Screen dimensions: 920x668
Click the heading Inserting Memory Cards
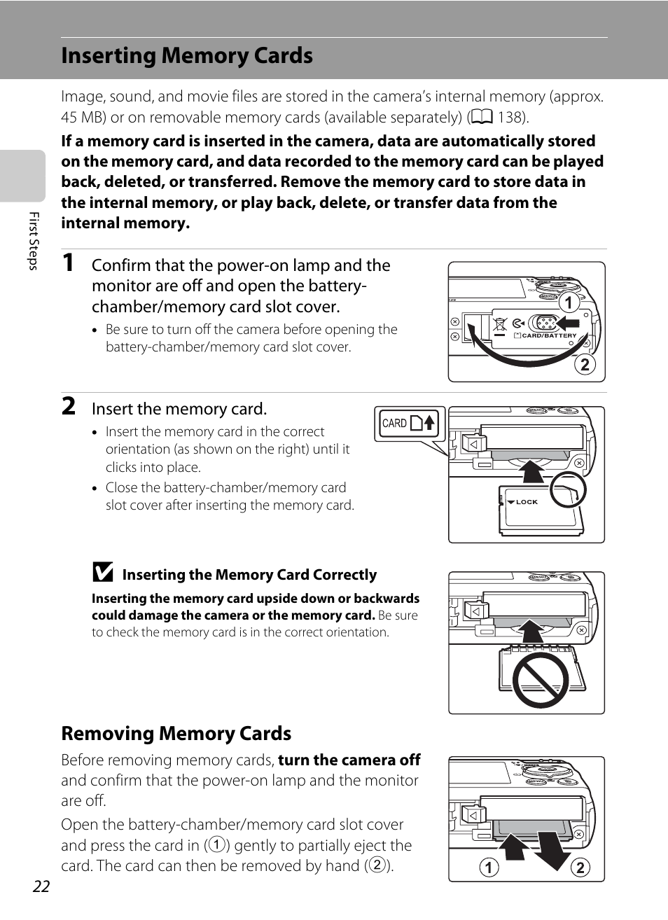click(x=187, y=56)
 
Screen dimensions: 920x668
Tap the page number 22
click(x=41, y=886)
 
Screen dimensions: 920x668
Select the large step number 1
click(x=68, y=263)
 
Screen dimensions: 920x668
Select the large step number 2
click(x=69, y=406)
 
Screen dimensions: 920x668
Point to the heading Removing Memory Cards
click(x=176, y=734)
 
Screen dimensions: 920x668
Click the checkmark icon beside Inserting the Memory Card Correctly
click(x=102, y=572)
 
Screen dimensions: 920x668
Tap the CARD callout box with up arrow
click(x=410, y=423)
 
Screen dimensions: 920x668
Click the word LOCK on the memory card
click(x=527, y=502)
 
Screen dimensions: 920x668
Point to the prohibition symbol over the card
click(x=540, y=681)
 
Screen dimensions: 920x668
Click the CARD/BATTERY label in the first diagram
click(x=549, y=335)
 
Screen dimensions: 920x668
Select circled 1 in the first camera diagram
click(x=569, y=302)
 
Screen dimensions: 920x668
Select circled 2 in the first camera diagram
click(x=585, y=365)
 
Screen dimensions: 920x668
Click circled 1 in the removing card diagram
click(x=489, y=867)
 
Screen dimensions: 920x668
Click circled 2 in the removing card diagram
click(x=580, y=867)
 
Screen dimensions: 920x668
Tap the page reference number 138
click(x=510, y=118)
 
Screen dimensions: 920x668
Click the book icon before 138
click(x=482, y=117)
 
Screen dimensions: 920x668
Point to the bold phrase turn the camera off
click(x=349, y=760)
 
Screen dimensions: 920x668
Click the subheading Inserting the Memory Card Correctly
click(x=249, y=575)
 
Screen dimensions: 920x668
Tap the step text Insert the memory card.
click(x=179, y=409)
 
